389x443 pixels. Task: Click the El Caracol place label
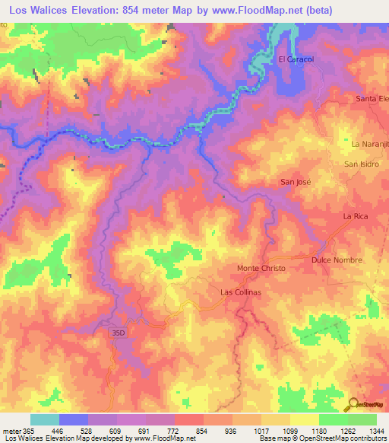click(x=296, y=59)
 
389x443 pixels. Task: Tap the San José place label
click(x=296, y=182)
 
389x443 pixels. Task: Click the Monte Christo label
click(x=261, y=269)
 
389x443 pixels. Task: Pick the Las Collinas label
click(x=242, y=292)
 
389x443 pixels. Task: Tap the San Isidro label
click(x=362, y=164)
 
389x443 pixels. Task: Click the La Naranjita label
click(x=369, y=143)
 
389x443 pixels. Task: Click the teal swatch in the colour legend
click(x=45, y=419)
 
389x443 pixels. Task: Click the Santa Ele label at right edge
click(x=372, y=99)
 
